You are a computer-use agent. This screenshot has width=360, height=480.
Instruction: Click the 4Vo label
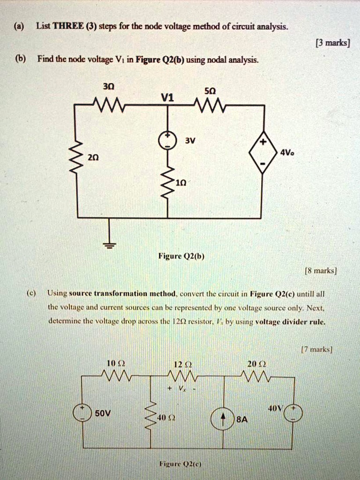pos(286,152)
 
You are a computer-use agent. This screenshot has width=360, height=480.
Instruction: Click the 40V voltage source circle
pos(293,413)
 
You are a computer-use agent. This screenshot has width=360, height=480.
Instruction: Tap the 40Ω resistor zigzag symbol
pos(151,416)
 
